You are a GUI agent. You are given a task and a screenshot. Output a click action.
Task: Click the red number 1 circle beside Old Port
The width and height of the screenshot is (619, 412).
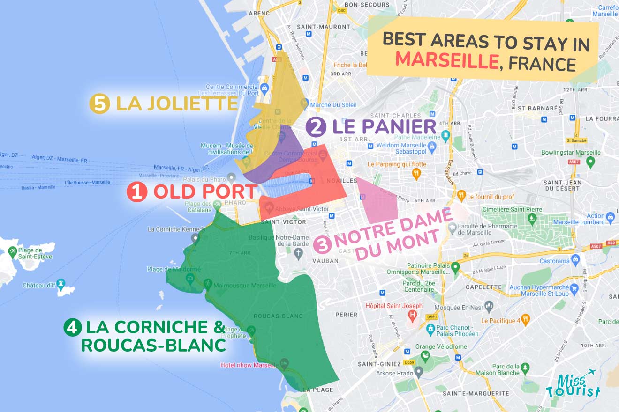137,192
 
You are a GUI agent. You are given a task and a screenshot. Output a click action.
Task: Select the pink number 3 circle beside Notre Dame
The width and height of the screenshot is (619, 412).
323,245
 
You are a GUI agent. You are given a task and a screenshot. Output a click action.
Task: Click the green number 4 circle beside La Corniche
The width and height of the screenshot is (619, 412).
73,327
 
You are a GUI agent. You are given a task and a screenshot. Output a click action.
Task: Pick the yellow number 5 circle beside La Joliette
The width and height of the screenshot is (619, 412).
99,104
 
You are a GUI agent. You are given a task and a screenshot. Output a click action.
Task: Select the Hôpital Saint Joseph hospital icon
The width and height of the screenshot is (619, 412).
413,315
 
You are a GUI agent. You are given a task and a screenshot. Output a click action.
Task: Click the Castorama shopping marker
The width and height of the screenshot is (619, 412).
576,259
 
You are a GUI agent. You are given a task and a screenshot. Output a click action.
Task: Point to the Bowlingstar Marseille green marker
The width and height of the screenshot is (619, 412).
590,162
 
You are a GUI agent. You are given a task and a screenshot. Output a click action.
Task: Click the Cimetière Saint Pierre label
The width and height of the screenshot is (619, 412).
512,209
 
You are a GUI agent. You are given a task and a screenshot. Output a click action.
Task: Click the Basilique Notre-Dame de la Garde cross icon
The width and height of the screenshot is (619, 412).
299,254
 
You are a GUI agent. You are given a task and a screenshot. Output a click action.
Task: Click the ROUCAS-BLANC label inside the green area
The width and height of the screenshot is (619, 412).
278,316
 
